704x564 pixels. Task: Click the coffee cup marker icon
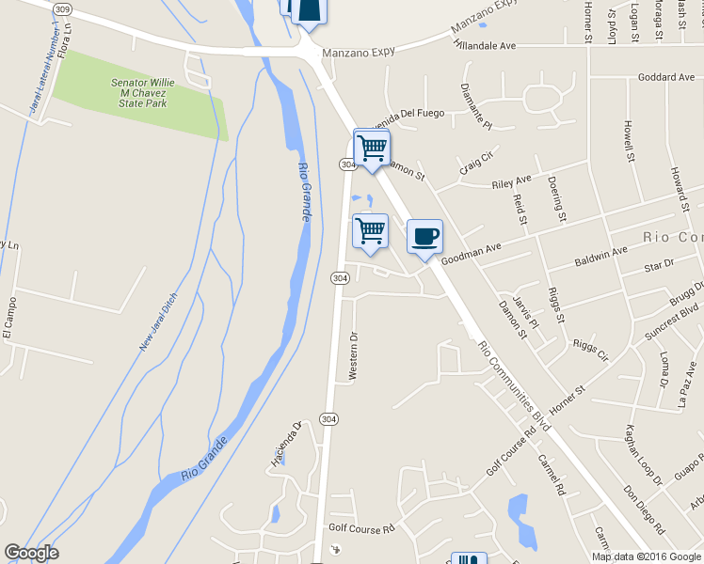coord(424,235)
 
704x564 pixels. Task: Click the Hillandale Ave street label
coord(485,44)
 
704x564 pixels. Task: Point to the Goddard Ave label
coord(664,77)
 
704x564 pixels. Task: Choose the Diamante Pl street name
coord(476,105)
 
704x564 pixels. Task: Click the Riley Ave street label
coord(512,181)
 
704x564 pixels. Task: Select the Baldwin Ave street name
coord(600,255)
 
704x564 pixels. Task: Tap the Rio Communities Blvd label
coord(514,385)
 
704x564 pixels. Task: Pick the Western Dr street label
coord(354,355)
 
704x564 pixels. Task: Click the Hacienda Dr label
coord(285,443)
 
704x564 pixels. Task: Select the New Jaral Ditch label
coord(158,322)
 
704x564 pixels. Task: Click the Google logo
coord(31,553)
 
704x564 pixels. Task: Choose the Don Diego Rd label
coord(643,509)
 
